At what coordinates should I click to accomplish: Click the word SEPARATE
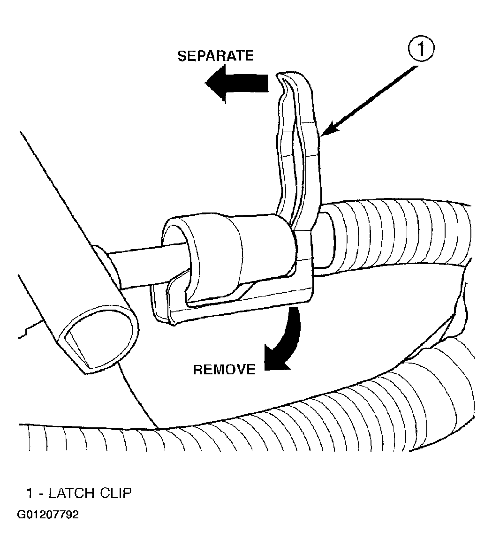[215, 56]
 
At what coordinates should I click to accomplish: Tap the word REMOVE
[224, 370]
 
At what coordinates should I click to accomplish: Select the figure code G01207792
[48, 515]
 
